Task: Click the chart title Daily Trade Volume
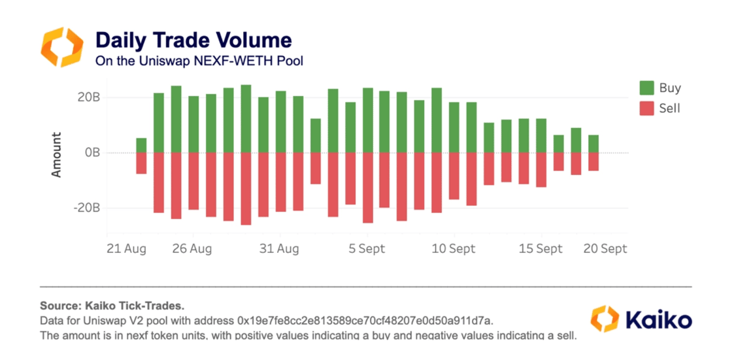pos(193,41)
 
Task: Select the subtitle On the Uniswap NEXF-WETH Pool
pos(199,61)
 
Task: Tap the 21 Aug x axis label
pos(127,249)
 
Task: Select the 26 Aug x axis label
pos(192,249)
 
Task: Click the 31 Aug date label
pos(279,249)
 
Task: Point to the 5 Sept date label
pos(366,249)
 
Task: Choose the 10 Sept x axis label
pos(454,249)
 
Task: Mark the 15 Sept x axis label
pos(541,249)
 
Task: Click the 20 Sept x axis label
pos(605,249)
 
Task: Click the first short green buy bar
pos(141,146)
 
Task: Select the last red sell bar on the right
pos(593,161)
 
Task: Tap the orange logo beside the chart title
pos(63,47)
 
